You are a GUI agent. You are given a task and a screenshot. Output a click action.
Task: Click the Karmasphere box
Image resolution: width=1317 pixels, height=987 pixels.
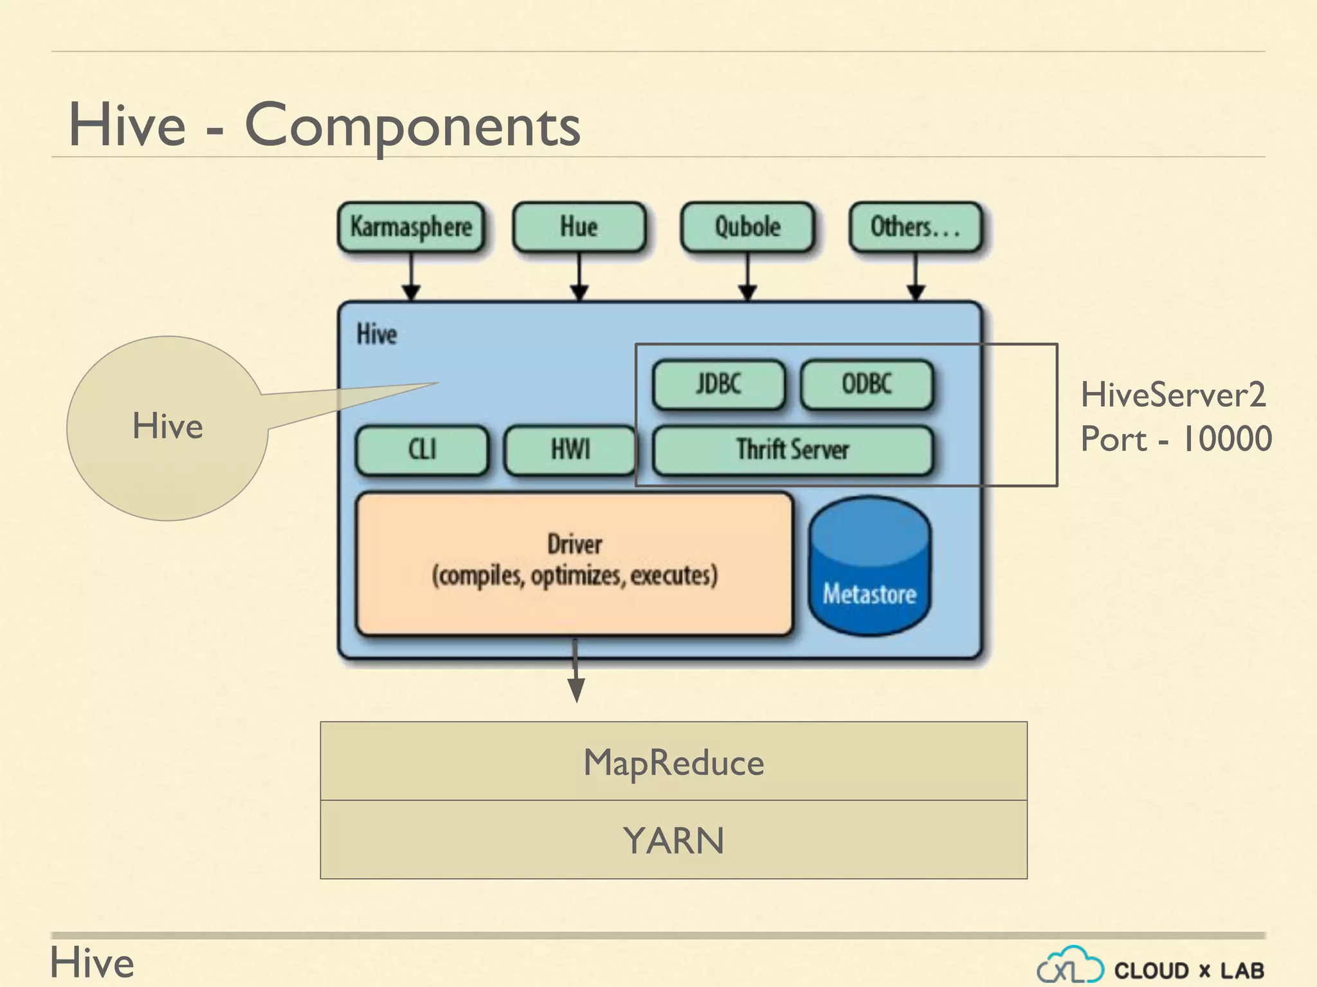pyautogui.click(x=411, y=227)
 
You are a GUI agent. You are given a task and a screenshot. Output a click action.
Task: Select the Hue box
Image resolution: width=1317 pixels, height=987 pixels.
pyautogui.click(x=579, y=227)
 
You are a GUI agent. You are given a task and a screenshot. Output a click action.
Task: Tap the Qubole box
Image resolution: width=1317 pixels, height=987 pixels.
pyautogui.click(x=747, y=227)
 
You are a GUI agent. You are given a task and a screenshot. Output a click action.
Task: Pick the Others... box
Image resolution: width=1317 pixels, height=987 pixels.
pyautogui.click(x=915, y=227)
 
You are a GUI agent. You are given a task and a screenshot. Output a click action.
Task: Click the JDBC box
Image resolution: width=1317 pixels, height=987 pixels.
pyautogui.click(x=718, y=384)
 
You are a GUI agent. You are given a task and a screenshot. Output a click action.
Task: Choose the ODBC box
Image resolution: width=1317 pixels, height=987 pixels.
pyautogui.click(x=867, y=384)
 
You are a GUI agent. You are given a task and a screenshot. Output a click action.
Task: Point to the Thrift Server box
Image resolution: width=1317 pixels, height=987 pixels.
pyautogui.click(x=792, y=450)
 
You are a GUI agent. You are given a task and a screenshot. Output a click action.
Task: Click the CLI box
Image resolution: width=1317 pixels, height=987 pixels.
pyautogui.click(x=422, y=450)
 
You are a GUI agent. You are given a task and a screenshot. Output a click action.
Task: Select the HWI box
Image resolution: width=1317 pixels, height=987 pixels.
pyautogui.click(x=570, y=450)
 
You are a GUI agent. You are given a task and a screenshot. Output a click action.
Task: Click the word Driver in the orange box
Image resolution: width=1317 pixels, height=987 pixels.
pyautogui.click(x=574, y=544)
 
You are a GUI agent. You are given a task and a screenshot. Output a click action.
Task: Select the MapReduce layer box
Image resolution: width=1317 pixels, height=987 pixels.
pyautogui.click(x=673, y=761)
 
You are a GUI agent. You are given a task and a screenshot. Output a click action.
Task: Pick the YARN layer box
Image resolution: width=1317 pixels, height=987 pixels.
pyautogui.click(x=673, y=840)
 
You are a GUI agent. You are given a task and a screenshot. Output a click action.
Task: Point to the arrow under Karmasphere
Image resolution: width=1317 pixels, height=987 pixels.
pyautogui.click(x=411, y=276)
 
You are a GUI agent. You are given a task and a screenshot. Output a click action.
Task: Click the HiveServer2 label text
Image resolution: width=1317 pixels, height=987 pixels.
pyautogui.click(x=1173, y=395)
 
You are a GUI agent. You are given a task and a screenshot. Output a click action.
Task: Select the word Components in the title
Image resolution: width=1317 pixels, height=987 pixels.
pyautogui.click(x=412, y=126)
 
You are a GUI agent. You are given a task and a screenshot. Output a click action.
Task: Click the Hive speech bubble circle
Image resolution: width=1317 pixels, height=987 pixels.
pyautogui.click(x=167, y=427)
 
